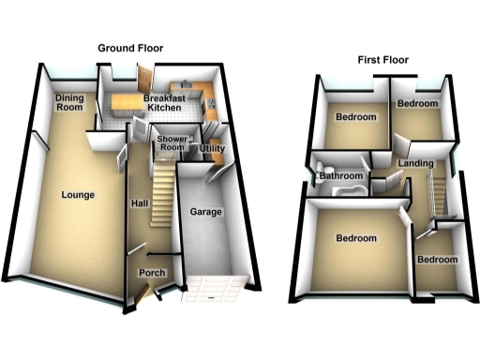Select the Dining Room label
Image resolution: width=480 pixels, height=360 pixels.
pos(68,101)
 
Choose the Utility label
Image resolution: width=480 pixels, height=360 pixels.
pos(211,149)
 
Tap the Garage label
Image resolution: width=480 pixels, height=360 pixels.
pos(206,212)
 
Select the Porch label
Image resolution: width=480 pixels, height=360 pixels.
pos(152,273)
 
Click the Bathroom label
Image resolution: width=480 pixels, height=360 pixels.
pos(341,175)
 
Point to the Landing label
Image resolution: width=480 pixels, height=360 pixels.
pos(415,164)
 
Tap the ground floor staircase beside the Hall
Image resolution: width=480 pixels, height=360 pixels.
pos(165,187)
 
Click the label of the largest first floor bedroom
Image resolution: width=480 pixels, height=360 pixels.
pos(356,238)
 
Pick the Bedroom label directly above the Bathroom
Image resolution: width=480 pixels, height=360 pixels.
pos(356,117)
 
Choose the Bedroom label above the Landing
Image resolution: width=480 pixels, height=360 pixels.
pos(416,103)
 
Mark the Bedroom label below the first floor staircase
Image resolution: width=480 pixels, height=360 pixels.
pos(438,259)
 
